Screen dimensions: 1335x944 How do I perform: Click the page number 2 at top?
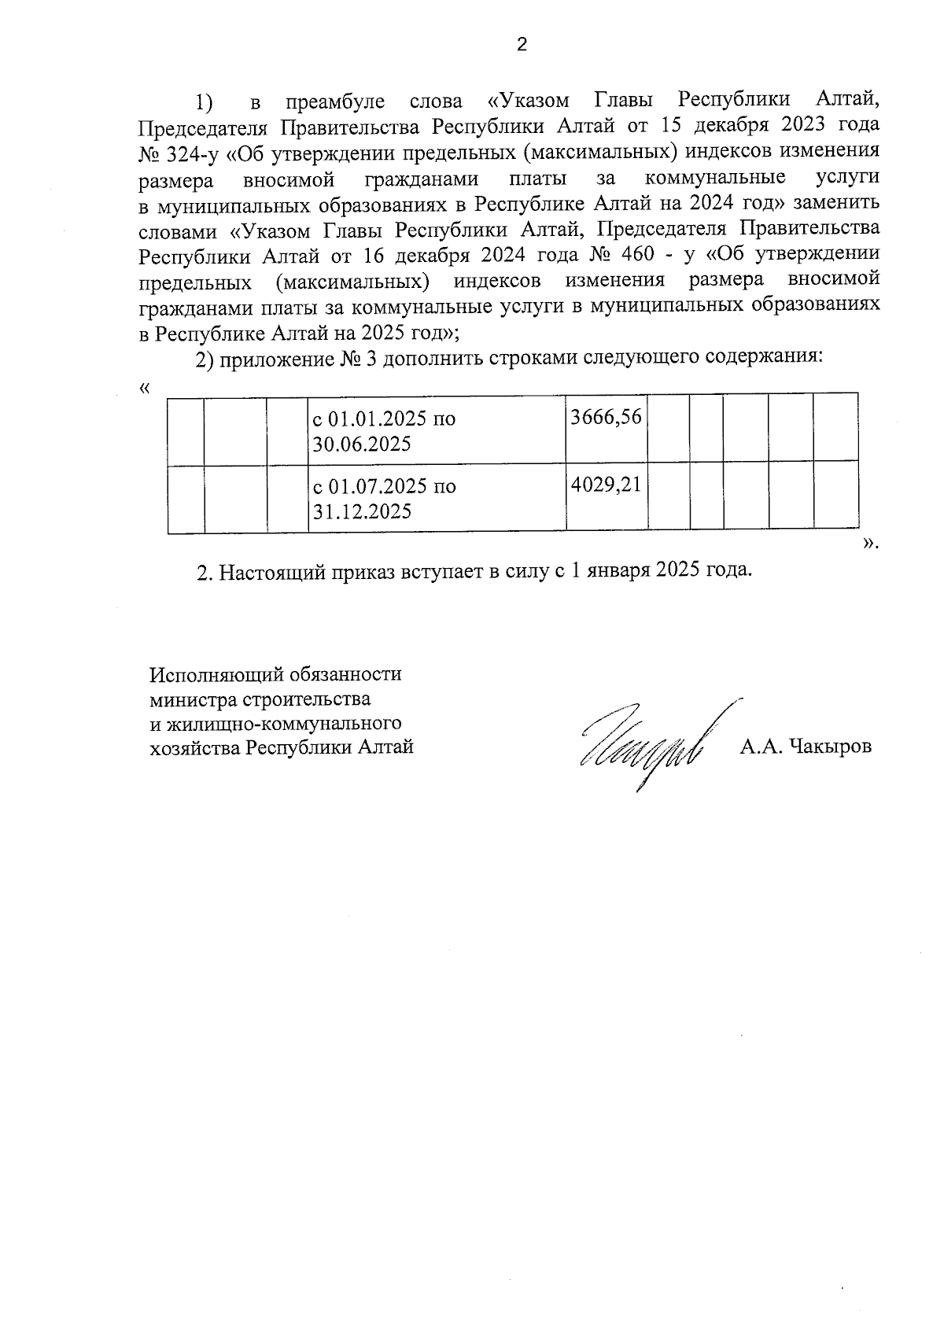(521, 45)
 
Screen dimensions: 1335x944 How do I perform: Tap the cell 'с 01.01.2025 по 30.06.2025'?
(437, 431)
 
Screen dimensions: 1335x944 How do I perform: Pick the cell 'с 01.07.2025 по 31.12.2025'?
(437, 498)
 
